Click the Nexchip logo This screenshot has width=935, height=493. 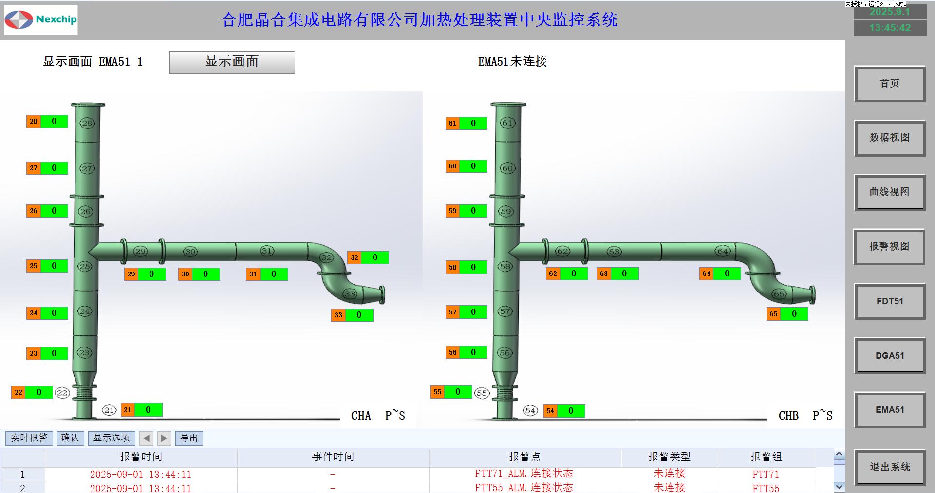click(x=41, y=20)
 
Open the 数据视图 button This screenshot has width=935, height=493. click(x=889, y=138)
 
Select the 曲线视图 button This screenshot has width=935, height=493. click(x=889, y=192)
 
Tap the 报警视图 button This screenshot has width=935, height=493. click(x=889, y=247)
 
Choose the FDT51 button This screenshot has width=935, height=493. click(x=889, y=301)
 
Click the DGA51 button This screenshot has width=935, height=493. click(x=889, y=356)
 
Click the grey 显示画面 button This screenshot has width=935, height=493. click(x=232, y=62)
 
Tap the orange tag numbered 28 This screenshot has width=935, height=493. click(x=34, y=121)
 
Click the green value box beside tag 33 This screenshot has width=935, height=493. click(x=359, y=315)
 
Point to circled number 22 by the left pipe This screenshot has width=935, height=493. click(x=62, y=393)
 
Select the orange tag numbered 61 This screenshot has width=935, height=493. click(x=453, y=123)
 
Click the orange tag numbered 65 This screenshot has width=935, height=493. click(x=774, y=314)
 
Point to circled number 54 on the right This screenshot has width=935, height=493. click(x=530, y=411)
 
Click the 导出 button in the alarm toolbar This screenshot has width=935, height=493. click(x=189, y=438)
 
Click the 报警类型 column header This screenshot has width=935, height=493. click(x=669, y=456)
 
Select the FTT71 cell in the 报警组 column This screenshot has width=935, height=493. click(x=766, y=474)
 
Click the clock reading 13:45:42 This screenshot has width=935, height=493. click(x=890, y=28)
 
